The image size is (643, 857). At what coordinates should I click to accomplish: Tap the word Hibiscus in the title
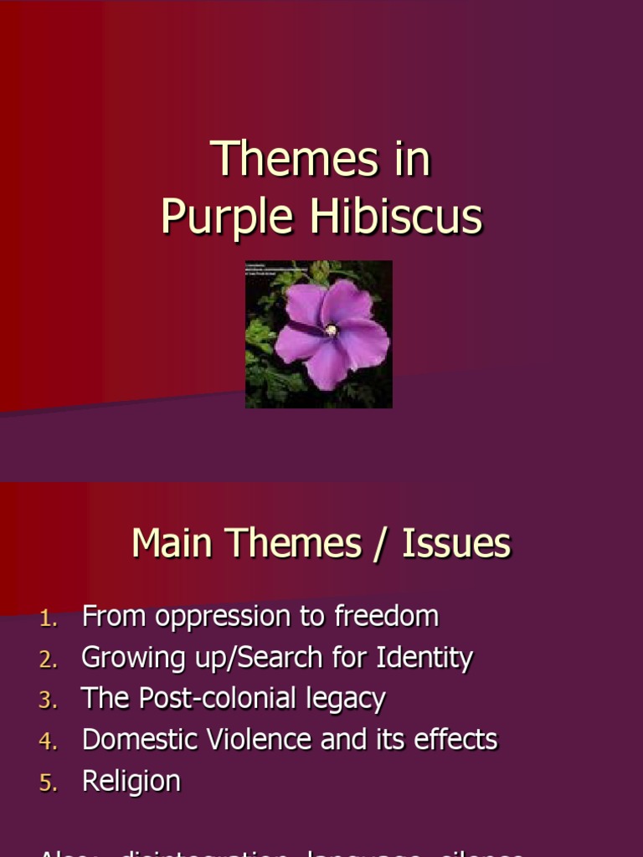click(396, 217)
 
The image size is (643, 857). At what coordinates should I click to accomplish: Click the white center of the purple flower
click(332, 330)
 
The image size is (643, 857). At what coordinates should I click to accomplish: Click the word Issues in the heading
click(456, 544)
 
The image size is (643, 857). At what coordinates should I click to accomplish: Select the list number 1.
click(48, 619)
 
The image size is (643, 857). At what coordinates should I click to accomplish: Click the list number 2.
click(48, 660)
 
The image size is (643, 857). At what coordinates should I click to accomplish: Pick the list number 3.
click(48, 701)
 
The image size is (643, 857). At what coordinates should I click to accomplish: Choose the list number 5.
click(48, 783)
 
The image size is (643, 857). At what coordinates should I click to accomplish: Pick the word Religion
click(131, 782)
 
